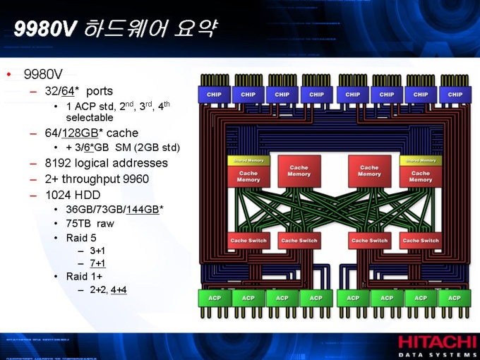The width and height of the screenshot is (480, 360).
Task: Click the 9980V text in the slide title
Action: pos(44,29)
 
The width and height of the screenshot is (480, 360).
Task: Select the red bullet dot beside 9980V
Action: pos(8,74)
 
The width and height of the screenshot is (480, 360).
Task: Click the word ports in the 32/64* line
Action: pos(100,91)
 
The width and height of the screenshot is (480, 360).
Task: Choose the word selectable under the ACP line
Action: pos(90,117)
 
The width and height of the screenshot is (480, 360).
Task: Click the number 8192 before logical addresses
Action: pos(57,163)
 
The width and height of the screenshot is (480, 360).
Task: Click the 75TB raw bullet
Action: pos(90,224)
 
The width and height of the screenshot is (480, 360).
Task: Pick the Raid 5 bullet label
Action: pos(81,238)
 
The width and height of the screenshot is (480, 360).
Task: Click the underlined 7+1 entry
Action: pos(97,263)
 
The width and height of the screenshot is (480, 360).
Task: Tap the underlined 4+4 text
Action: pos(119,289)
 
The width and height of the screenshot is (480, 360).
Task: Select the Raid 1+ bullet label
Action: pos(84,276)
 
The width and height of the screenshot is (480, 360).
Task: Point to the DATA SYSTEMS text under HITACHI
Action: pos(438,354)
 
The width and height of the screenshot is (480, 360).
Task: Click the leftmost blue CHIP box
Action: pos(214,94)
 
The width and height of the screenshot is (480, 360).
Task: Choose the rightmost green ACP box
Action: pos(455,298)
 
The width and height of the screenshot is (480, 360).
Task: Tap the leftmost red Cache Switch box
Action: pos(248,241)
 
